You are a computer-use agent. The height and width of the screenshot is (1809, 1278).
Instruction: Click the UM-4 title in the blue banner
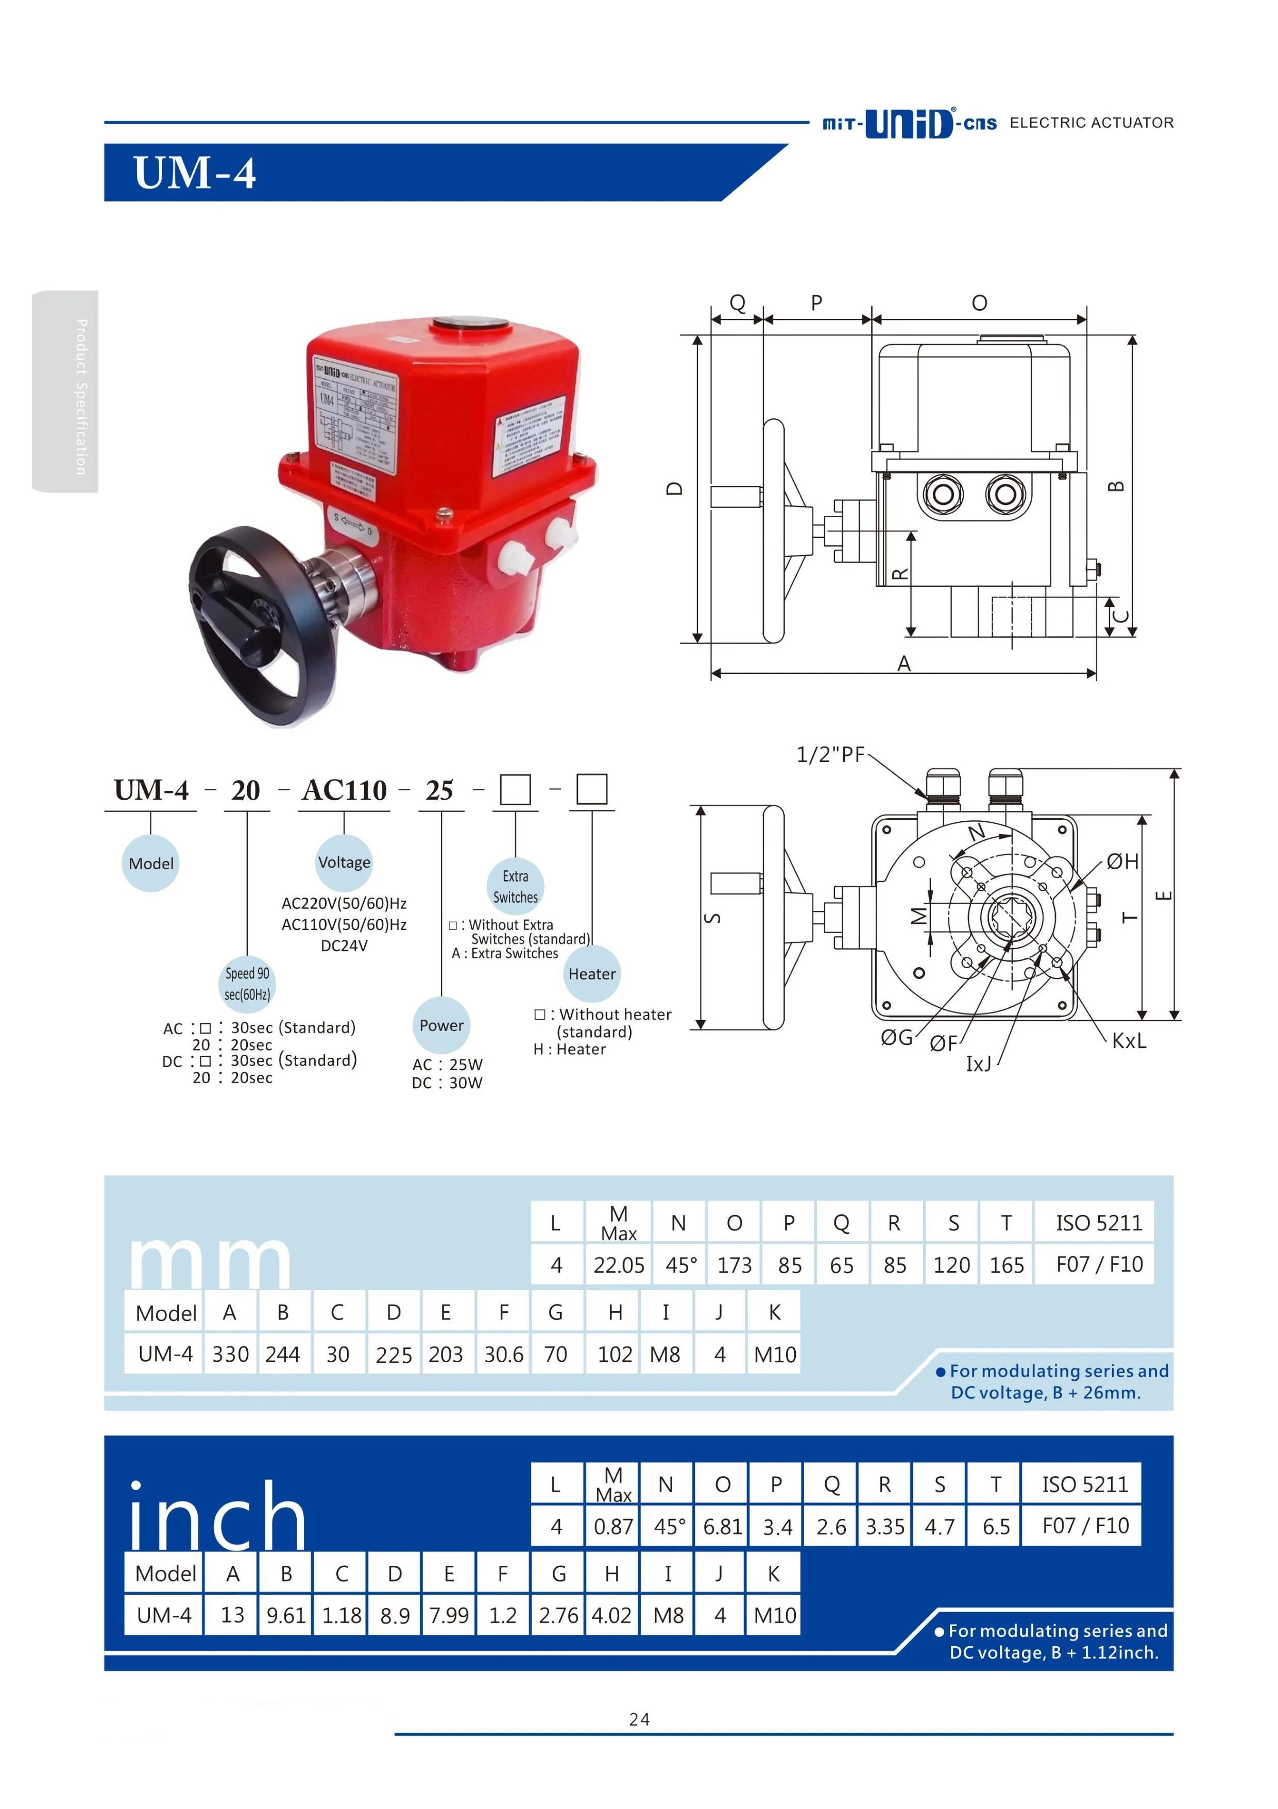(x=195, y=173)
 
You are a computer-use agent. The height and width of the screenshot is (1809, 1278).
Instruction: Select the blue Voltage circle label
(x=344, y=862)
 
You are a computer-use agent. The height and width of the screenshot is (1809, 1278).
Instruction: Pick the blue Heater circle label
(x=592, y=974)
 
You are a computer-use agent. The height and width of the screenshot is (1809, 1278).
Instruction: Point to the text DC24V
(x=344, y=945)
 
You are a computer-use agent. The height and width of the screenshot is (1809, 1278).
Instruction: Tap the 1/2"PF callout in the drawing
(x=830, y=755)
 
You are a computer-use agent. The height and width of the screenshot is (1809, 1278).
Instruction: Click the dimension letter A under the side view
(x=904, y=664)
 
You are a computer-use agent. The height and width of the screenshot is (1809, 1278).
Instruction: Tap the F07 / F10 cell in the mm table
(x=1099, y=1264)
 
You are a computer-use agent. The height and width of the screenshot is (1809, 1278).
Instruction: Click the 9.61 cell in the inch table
(x=286, y=1615)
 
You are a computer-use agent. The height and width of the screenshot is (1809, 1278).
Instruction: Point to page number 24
(x=639, y=1719)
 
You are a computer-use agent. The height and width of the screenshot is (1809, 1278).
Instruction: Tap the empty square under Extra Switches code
(x=515, y=789)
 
